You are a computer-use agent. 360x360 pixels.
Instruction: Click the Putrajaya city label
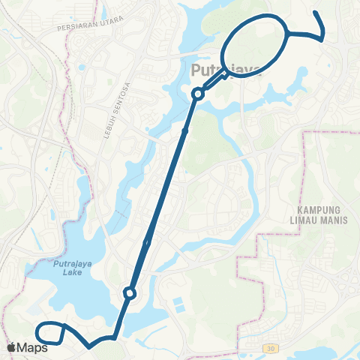tap(226, 71)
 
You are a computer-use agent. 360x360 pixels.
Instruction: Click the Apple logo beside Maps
tap(12, 347)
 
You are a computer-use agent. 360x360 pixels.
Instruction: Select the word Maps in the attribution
tap(34, 347)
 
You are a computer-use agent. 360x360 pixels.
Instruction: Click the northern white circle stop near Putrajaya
tap(198, 94)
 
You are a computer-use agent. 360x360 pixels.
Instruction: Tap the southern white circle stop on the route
tap(130, 293)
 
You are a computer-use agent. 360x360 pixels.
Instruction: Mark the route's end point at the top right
tap(315, 13)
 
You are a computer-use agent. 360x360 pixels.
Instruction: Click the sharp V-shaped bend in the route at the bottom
tap(91, 346)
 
